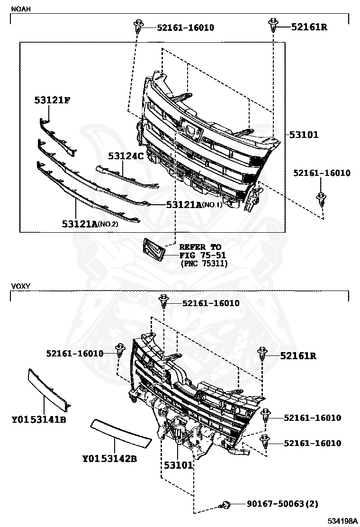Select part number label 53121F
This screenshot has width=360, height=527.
[x=52, y=100]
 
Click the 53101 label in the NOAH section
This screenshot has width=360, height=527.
[x=304, y=135]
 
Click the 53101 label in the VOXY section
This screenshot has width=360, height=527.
[x=179, y=465]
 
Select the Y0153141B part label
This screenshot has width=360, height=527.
[x=39, y=419]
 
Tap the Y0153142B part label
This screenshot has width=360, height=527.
[x=110, y=458]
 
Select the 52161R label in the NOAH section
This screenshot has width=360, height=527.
[x=309, y=27]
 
